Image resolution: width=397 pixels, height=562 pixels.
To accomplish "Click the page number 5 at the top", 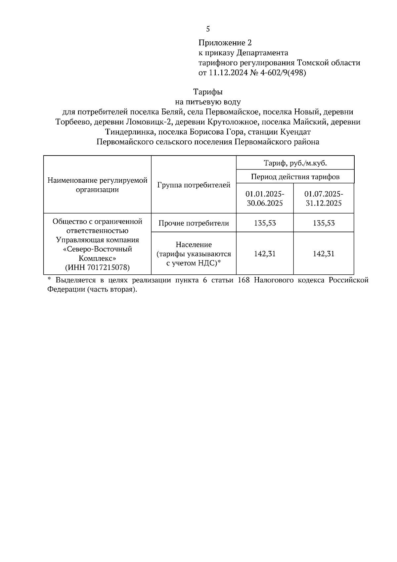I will tap(208, 29).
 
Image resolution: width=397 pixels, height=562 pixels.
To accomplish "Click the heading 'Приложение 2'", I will tap(225, 43).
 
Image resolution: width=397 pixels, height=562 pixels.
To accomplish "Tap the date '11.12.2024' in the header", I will tap(228, 73).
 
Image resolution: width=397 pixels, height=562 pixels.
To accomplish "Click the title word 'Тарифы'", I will tap(208, 92).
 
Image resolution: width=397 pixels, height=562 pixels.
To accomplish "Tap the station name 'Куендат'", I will tap(295, 132).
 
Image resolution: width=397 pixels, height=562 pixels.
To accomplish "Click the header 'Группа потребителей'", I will tap(194, 185).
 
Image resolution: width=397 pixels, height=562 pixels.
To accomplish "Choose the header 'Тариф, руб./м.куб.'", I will tap(295, 163).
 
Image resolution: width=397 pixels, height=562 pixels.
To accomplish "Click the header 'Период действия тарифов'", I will tap(295, 176).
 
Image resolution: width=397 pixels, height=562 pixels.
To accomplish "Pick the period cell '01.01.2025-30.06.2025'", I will tap(265, 198).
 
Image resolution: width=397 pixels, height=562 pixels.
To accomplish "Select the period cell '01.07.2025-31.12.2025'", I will tap(324, 198).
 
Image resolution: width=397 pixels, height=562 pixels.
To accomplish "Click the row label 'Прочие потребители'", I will tap(194, 223).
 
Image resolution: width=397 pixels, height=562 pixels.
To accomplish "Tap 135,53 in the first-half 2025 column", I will tap(265, 223).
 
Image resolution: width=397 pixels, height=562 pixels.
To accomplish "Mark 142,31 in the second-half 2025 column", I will tap(324, 254).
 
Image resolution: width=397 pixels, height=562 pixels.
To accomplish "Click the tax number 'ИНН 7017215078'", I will tap(97, 267).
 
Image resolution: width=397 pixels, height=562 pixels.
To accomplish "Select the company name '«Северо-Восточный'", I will tap(97, 249).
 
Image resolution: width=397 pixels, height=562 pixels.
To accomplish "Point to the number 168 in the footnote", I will tap(245, 280).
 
